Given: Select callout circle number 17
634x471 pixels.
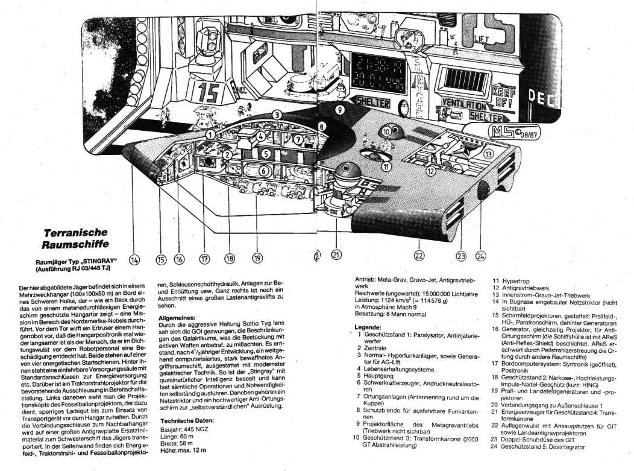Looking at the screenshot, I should coord(204,259).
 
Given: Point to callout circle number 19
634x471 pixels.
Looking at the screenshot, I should coord(258,259).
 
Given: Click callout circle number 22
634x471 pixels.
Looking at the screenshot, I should coord(419,255).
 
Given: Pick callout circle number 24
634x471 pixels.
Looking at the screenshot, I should coord(480,256).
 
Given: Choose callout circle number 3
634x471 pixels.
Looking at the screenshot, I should coord(277,114).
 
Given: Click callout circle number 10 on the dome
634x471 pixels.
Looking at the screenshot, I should coord(386,131).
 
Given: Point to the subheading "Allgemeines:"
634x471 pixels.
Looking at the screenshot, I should coord(175,317).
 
